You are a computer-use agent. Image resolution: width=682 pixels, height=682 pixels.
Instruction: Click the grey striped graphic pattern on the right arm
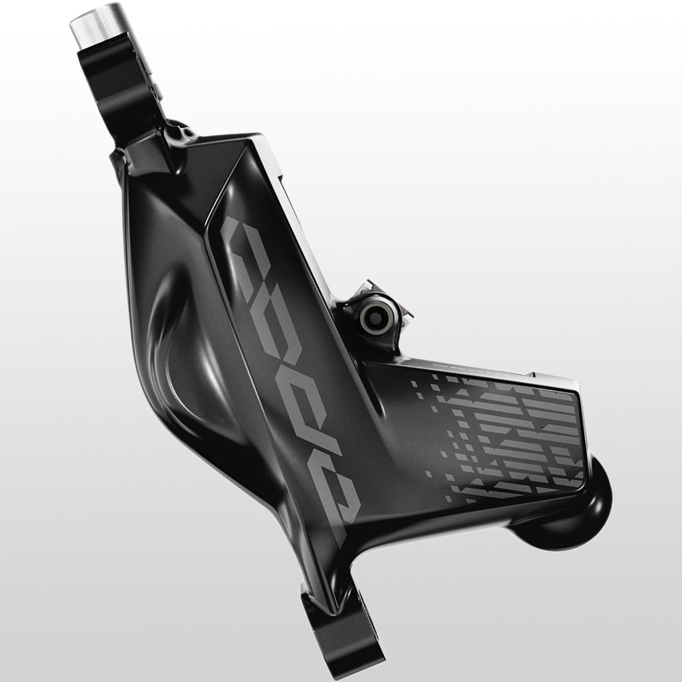point(500,443)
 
